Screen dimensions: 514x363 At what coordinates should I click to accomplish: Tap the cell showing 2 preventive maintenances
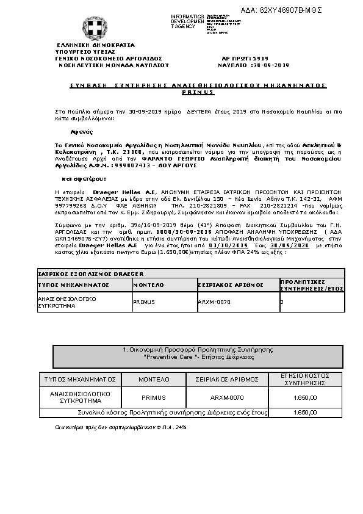(x=281, y=301)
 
